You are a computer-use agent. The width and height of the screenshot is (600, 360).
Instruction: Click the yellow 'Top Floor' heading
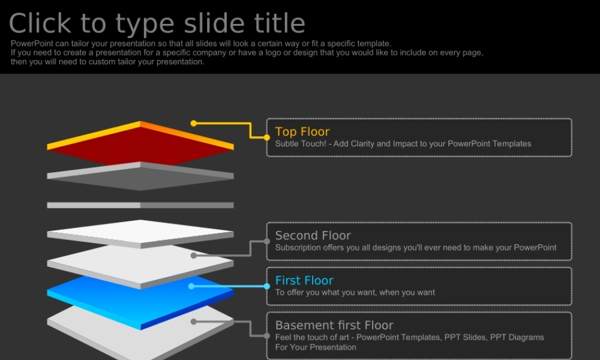(302, 131)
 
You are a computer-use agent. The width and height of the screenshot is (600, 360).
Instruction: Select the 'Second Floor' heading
(313, 235)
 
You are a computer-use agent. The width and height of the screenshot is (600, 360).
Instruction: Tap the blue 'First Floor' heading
(305, 280)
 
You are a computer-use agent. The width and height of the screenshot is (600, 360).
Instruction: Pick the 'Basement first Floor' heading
(334, 325)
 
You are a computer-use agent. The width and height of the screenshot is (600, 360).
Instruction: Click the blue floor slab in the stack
(140, 302)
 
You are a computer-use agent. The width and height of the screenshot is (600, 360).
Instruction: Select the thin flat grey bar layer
(140, 205)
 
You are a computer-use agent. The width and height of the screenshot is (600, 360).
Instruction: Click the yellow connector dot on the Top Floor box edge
(267, 137)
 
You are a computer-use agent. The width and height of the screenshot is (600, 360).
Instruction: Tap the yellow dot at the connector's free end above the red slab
(194, 123)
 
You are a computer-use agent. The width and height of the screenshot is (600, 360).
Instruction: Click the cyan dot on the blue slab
(191, 286)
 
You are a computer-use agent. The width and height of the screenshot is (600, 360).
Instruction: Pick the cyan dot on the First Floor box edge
(267, 286)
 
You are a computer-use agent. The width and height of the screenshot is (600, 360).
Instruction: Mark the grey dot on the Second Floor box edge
(267, 241)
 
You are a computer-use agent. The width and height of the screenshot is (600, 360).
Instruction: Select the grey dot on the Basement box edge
(267, 336)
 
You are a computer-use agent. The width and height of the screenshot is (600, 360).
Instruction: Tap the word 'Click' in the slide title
(40, 23)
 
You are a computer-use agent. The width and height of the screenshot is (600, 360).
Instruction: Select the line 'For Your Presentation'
(316, 347)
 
